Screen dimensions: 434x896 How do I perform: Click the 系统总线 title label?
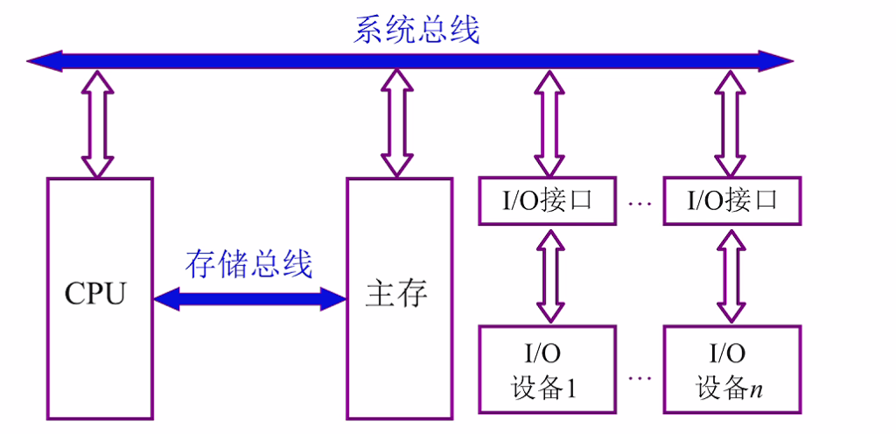coord(416,30)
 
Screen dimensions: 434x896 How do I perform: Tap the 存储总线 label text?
coord(249,262)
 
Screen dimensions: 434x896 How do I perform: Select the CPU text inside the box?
coord(95,294)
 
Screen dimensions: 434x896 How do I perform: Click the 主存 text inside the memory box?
coord(397,294)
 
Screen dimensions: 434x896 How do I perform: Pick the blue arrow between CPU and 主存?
coord(250,299)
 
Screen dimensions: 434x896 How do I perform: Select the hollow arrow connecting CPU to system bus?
coord(97,123)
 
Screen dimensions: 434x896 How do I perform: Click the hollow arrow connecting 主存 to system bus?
coord(398,123)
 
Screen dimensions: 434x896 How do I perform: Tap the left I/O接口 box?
coord(548,201)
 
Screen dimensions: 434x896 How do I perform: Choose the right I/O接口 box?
coord(731,201)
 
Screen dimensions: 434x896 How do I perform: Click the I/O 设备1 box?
coord(548,369)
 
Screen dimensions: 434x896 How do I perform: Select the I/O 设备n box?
coord(731,369)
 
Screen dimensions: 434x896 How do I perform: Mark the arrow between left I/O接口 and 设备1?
coord(549,275)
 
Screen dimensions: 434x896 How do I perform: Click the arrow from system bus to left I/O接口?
coord(549,123)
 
